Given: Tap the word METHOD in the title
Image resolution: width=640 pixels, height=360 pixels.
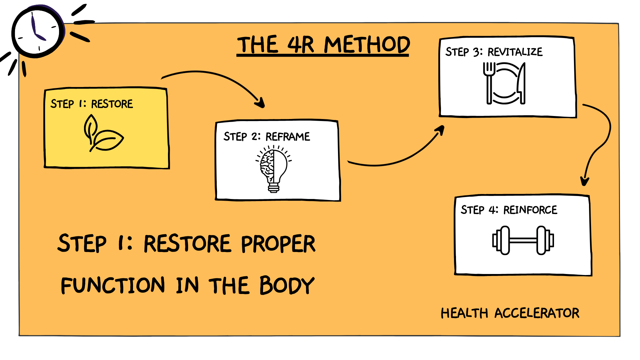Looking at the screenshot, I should point(367,45).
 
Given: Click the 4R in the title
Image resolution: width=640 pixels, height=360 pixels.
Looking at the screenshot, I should point(300,45).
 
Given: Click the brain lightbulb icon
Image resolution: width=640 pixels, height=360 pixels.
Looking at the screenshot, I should point(274,169).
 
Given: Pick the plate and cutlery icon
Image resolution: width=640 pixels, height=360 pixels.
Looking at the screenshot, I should point(504,84).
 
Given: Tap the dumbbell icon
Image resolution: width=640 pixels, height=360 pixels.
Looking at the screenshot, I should point(523,240).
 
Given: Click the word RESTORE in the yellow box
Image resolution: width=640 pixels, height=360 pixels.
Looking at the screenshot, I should point(112,104).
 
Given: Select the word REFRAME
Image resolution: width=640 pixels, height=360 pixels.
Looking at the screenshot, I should point(288,137).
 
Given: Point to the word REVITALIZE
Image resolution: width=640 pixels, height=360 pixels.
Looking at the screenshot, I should point(515,52).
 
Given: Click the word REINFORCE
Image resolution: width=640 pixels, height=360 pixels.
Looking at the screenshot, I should point(530,210).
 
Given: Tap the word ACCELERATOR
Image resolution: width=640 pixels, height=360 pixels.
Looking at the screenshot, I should point(537,313).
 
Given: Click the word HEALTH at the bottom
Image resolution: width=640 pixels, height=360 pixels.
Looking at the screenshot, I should point(464,313).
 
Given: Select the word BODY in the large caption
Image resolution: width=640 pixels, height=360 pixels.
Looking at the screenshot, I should point(287,286).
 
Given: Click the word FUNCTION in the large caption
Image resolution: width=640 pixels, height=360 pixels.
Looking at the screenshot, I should point(113,286).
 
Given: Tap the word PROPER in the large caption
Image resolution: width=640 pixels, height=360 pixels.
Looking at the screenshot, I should point(278,244).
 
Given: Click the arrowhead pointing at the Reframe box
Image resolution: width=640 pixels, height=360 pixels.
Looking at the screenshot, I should point(260,103).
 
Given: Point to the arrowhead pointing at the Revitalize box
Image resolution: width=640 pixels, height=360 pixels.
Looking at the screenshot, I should point(440,130).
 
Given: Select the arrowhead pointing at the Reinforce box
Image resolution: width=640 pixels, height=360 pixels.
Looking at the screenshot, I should point(585,181).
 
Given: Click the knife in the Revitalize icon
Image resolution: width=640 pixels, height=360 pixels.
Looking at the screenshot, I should point(521,84).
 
